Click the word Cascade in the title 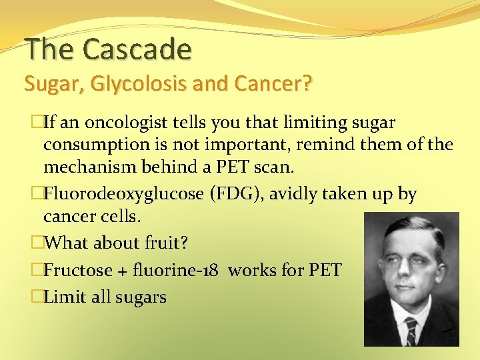coord(137,49)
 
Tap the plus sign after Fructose coord(123,271)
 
